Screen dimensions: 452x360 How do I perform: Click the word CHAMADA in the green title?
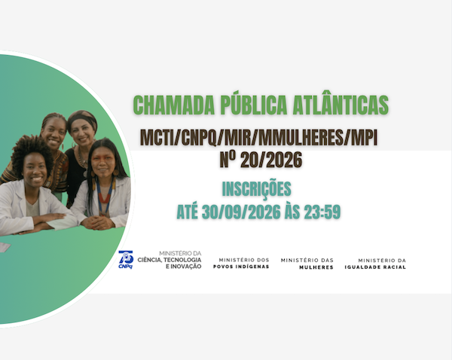(x=174, y=105)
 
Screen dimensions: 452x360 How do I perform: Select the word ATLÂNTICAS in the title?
(x=341, y=105)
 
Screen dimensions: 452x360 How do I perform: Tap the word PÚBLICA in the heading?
(x=254, y=104)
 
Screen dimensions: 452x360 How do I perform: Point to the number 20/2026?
(x=271, y=160)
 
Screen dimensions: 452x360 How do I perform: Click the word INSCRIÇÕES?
(x=257, y=189)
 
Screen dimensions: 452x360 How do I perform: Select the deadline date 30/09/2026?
(x=241, y=212)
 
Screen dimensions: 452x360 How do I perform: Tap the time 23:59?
(x=322, y=212)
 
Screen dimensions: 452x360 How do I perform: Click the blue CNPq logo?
(x=126, y=260)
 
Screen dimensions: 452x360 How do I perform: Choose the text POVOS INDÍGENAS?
(x=241, y=267)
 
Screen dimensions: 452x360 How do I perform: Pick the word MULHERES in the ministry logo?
(x=316, y=267)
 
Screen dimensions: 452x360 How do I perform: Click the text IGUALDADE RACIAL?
(x=375, y=267)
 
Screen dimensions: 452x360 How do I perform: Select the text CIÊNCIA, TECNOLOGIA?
(x=169, y=260)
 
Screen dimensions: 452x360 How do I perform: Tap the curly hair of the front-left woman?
(x=31, y=150)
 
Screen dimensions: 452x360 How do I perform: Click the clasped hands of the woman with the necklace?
(x=97, y=222)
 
